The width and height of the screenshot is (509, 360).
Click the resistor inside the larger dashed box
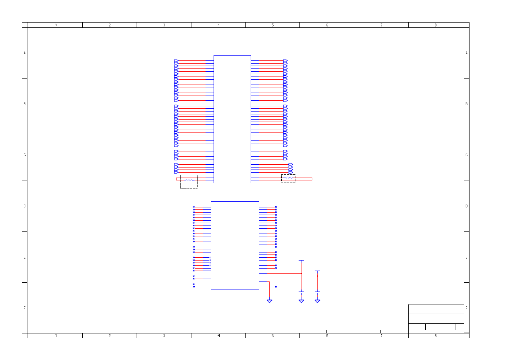coord(189,180)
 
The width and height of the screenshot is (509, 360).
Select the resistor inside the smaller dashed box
coord(288,178)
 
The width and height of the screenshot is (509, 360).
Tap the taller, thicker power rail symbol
coord(301,261)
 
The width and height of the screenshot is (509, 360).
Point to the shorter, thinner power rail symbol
coord(318,271)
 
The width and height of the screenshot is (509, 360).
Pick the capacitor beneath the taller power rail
coord(301,292)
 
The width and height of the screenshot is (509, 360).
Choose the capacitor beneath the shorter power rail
coord(318,292)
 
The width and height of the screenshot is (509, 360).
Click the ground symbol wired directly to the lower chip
coord(270,301)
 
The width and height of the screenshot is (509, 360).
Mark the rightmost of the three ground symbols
coord(318,301)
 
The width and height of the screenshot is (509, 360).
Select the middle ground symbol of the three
coord(301,301)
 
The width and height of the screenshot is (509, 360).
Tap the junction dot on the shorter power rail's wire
coord(318,276)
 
